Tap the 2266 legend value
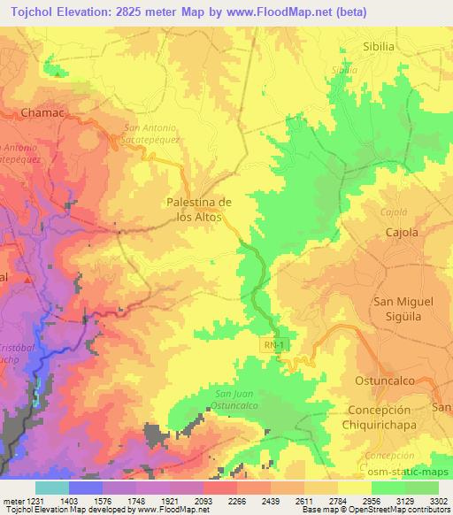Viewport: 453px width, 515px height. point(236,501)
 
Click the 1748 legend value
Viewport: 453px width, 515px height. point(135,501)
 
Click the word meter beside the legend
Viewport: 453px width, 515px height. point(12,501)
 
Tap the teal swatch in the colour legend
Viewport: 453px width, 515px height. point(52,488)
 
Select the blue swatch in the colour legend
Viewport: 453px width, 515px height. point(86,488)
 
